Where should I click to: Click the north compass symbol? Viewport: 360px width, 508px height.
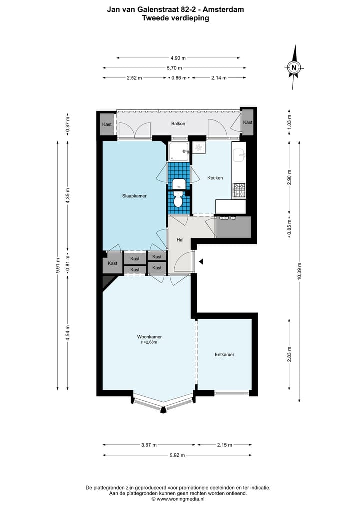294,68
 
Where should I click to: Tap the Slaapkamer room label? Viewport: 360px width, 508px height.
134,196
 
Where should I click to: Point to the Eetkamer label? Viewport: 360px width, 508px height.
224,354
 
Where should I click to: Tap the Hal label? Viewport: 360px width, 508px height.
180,240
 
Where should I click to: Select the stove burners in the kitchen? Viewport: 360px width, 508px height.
239,190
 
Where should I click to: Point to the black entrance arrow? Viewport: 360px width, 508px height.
201,261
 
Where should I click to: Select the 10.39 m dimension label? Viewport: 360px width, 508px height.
299,272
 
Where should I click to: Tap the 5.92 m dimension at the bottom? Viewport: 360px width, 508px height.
177,455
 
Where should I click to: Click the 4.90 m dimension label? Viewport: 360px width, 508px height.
174,58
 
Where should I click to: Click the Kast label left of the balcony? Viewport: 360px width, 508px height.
107,124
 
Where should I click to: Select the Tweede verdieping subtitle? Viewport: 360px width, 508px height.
175,18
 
